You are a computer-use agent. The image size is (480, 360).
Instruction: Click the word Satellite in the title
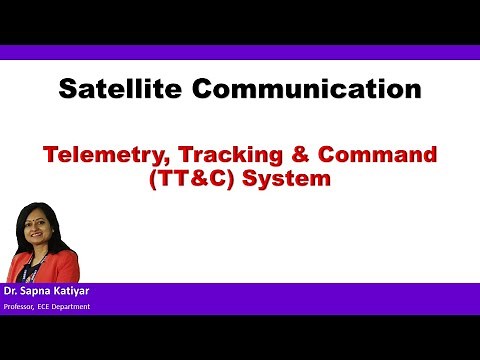118,89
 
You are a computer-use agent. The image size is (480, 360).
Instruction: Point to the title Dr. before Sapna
12,292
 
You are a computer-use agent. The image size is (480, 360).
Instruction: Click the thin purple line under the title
240,114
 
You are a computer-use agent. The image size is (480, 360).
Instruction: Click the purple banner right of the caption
300,298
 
